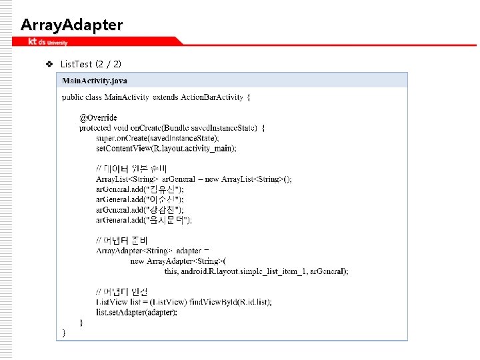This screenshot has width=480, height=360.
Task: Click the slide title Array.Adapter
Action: (71, 25)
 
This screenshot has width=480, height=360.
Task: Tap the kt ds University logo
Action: (47, 42)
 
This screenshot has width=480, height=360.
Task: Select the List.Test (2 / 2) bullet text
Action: (91, 64)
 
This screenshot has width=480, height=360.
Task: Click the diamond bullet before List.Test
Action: (48, 65)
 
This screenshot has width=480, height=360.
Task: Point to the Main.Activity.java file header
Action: (95, 81)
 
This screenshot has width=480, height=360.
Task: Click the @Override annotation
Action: (98, 118)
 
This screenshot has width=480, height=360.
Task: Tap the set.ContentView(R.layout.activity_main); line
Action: (166, 148)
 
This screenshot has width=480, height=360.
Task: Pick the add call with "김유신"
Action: (140, 189)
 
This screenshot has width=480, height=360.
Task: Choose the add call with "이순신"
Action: (140, 199)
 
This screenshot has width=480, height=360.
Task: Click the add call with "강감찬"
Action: (140, 209)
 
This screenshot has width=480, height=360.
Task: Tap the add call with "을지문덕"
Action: (144, 219)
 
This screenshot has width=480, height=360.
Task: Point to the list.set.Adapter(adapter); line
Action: (137, 312)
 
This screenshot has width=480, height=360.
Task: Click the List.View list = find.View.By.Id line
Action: (183, 302)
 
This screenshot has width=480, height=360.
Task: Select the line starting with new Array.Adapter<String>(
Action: (178, 261)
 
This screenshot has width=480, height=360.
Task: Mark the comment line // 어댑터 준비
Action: (122, 240)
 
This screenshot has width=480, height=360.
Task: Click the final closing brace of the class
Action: (64, 332)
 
